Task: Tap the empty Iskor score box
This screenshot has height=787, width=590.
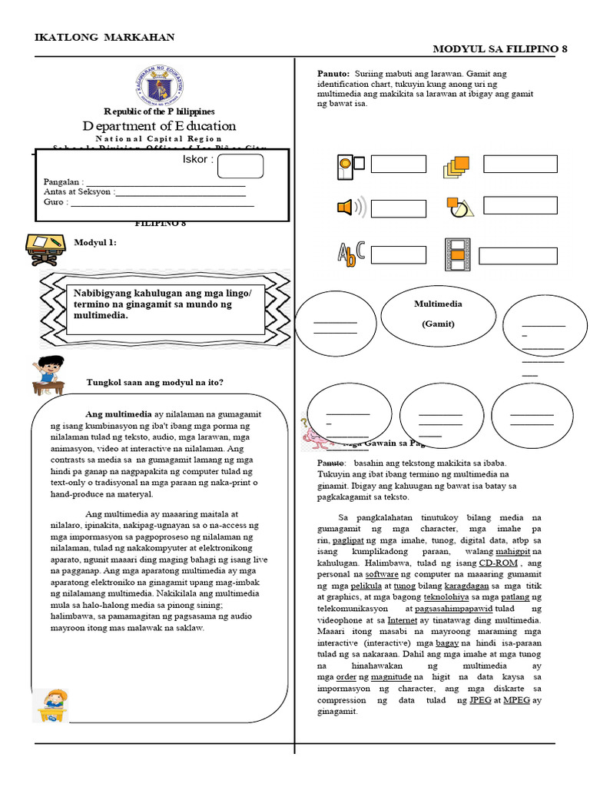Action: pos(240,166)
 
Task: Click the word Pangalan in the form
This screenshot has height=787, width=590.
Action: pos(61,181)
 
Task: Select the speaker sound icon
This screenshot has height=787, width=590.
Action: pos(347,208)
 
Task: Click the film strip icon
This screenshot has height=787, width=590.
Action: pos(456,255)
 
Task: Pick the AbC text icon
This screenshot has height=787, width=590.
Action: pos(350,254)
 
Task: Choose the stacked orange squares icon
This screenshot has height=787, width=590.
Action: pos(456,166)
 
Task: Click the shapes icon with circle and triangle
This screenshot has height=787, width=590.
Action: pos(459,207)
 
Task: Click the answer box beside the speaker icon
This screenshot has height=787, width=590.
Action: pos(398,208)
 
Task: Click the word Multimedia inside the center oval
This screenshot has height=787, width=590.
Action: pos(438,304)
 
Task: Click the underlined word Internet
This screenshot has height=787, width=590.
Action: pos(403,619)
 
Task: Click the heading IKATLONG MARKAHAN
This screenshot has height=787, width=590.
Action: pos(105,37)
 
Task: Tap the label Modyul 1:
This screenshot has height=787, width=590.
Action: pos(95,243)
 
